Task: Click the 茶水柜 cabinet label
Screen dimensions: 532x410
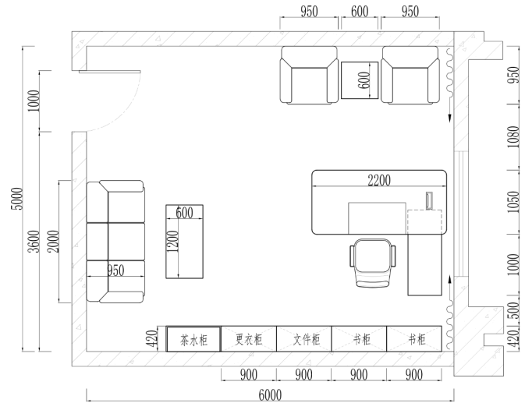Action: [x=193, y=340]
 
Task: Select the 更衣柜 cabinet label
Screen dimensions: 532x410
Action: [x=249, y=339]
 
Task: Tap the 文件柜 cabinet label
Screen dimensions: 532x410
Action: [x=307, y=339]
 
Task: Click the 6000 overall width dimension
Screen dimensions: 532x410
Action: [x=270, y=395]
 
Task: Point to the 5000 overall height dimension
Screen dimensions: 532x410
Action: [x=17, y=199]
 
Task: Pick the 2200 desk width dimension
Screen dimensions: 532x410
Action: [x=379, y=180]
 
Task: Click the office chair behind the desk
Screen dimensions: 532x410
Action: [x=373, y=263]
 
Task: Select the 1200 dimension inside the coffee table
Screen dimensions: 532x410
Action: [x=172, y=241]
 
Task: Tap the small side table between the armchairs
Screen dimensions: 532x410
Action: [x=360, y=80]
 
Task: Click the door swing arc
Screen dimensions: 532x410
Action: [x=126, y=110]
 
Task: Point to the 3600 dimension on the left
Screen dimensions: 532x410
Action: [x=34, y=242]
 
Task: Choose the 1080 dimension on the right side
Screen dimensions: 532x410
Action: [x=514, y=136]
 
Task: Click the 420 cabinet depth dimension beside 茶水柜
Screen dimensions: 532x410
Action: [x=152, y=339]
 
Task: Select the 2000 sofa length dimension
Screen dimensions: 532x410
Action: [x=53, y=242]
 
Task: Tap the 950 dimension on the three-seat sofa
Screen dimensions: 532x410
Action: [x=115, y=270]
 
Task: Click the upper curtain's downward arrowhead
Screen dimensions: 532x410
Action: [x=450, y=118]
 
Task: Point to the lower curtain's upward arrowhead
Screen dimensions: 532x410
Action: [x=450, y=279]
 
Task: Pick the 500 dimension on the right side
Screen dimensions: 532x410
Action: [x=514, y=311]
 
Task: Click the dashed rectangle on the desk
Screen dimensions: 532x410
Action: [x=425, y=222]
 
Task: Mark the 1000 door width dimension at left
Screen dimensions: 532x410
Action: [x=34, y=101]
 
